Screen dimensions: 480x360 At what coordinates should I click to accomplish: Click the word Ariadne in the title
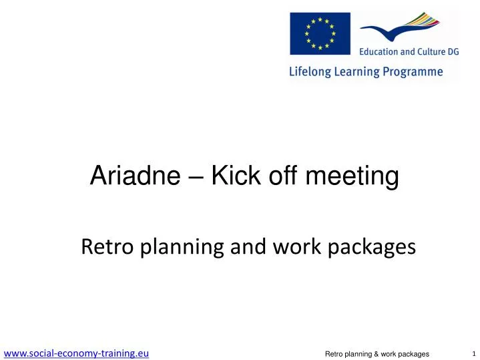point(135,175)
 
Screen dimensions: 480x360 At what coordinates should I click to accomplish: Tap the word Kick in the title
point(236,175)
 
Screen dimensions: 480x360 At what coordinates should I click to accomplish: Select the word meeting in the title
point(352,177)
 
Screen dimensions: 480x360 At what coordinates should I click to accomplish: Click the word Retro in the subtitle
point(107,246)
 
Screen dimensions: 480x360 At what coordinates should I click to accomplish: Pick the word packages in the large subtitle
point(372,248)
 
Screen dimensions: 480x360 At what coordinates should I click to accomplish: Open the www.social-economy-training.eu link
point(76,353)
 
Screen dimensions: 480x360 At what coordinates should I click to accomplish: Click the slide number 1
point(474,353)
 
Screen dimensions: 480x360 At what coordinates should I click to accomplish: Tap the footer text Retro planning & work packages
point(377,354)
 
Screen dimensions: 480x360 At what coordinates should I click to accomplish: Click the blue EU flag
point(320,33)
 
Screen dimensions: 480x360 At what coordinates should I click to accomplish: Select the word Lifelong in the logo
point(310,72)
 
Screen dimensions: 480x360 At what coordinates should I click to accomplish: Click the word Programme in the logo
point(413,72)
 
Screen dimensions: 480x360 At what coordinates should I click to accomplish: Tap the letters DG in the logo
point(453,52)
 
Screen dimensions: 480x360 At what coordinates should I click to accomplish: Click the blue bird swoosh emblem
point(399,27)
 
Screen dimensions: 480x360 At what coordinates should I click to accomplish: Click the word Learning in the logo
point(357,72)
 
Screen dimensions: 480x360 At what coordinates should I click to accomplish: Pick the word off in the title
point(283,175)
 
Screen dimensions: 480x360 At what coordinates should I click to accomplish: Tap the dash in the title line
point(196,178)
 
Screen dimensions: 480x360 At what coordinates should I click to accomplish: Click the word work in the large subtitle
point(296,246)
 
